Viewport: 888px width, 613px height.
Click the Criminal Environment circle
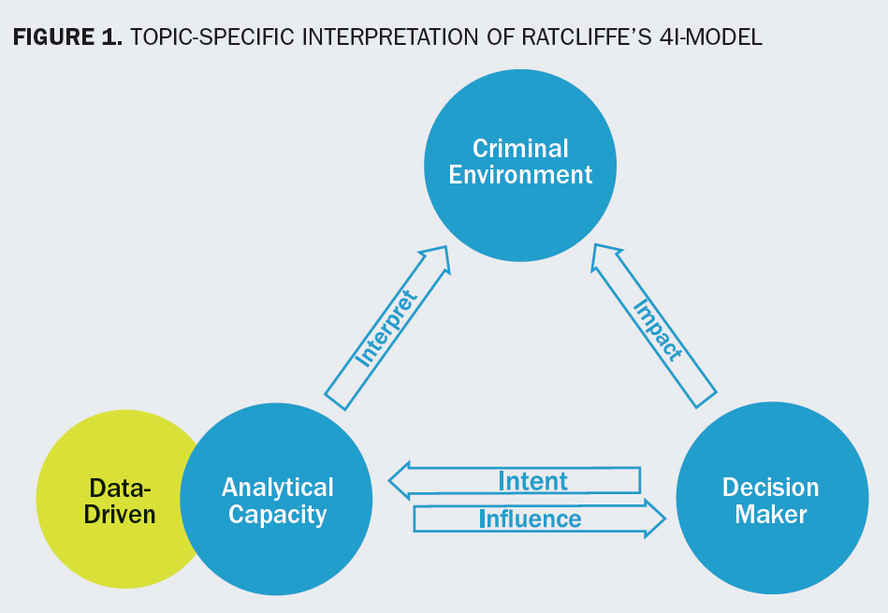pyautogui.click(x=520, y=161)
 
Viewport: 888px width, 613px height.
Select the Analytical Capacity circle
pyautogui.click(x=277, y=500)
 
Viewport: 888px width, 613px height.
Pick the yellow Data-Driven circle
pyautogui.click(x=103, y=500)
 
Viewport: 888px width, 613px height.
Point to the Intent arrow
pyautogui.click(x=524, y=481)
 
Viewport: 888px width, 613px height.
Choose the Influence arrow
pyautogui.click(x=530, y=518)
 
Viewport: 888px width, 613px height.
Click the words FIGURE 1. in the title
pyautogui.click(x=66, y=38)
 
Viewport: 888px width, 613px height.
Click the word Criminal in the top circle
pyautogui.click(x=520, y=148)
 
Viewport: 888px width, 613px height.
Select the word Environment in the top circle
pyautogui.click(x=520, y=175)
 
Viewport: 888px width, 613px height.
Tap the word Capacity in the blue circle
pyautogui.click(x=278, y=514)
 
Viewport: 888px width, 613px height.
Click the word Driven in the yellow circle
pyautogui.click(x=120, y=514)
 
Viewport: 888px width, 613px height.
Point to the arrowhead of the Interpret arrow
pyautogui.click(x=435, y=259)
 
